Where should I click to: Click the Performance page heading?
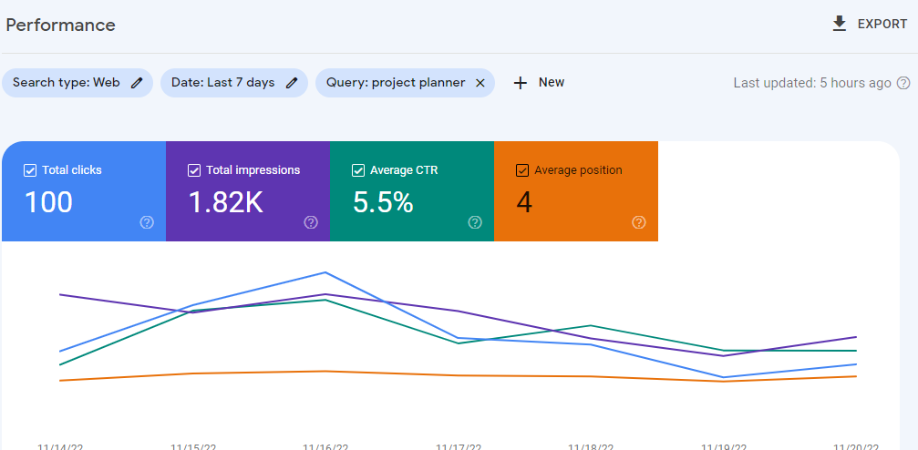coord(61,25)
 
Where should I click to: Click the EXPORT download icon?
coord(840,24)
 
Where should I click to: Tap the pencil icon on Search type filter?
coord(137,83)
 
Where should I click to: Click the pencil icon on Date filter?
coord(292,83)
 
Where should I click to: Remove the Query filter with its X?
coord(480,83)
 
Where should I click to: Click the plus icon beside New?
coord(521,83)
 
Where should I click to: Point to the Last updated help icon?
coord(903,83)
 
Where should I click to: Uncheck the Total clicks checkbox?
coord(30,170)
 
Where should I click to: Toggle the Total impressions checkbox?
coord(194,170)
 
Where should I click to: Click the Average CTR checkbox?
coord(358,170)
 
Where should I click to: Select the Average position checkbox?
coord(522,170)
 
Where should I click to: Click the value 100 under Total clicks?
coord(48,202)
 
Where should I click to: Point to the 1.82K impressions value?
coord(225,202)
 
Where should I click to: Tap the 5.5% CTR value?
coord(383,202)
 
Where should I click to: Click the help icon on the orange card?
coord(639,222)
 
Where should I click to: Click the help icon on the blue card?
coord(147,222)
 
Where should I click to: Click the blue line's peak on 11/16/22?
coord(325,272)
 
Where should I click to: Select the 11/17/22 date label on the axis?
coord(458,446)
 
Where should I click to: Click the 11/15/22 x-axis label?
coord(193,446)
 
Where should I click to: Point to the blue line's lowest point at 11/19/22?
coord(724,377)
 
